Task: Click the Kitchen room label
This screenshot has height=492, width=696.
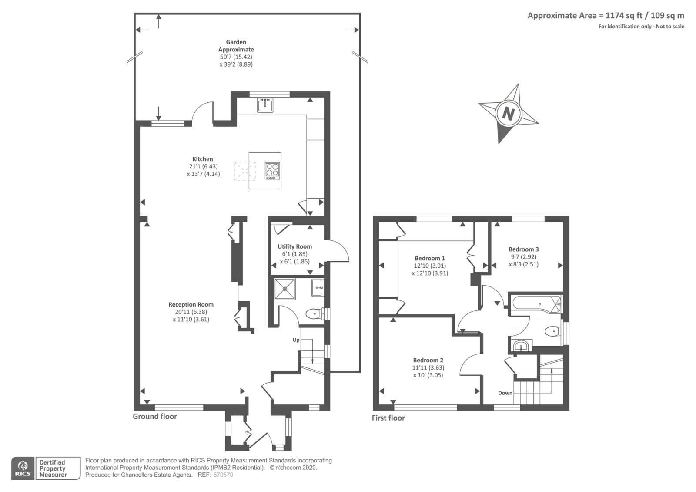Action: tap(203, 159)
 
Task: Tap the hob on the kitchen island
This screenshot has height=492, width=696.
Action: tap(272, 171)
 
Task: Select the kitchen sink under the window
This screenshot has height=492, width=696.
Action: tap(265, 105)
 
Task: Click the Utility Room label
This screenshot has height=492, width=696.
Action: tap(294, 246)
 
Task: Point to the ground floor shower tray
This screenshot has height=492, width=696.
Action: tap(285, 289)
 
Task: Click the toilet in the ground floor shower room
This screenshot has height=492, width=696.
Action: tap(315, 314)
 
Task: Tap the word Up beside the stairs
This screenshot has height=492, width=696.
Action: tap(296, 340)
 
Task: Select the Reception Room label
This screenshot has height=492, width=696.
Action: tap(191, 305)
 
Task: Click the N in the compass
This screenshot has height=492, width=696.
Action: tap(508, 113)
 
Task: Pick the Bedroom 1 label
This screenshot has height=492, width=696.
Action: tap(430, 259)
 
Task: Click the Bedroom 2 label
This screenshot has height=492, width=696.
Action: tap(428, 361)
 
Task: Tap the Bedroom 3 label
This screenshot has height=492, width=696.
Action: tap(524, 249)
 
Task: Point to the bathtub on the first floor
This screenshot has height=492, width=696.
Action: tap(537, 304)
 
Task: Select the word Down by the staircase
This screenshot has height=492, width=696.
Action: tap(505, 393)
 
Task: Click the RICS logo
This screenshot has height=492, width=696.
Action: tap(23, 468)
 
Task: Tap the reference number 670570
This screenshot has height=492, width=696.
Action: tap(223, 475)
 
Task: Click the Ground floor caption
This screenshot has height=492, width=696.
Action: tap(155, 416)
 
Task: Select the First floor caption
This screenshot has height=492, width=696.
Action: tap(388, 418)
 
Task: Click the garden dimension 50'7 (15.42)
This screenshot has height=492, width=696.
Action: tap(236, 57)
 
